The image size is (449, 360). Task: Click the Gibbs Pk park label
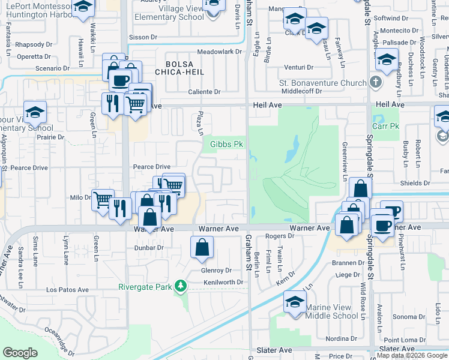point(226,145)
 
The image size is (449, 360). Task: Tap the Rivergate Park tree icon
point(179,287)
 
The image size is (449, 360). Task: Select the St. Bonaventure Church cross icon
point(375,82)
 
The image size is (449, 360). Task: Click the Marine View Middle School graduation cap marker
point(295,302)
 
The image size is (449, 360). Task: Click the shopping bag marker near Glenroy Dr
point(202,247)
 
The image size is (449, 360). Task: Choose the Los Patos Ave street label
point(67,290)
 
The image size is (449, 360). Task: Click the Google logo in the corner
point(20,353)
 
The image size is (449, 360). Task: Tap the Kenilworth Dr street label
point(223,282)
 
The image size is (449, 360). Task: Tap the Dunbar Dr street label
point(149,247)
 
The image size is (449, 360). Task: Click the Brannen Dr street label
point(349,263)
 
